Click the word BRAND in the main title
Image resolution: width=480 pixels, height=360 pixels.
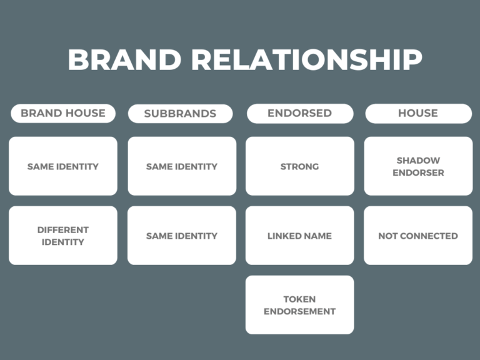(x=124, y=59)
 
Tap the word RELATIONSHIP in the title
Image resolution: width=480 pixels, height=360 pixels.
(x=307, y=59)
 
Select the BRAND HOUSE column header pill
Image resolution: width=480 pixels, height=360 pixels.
(x=63, y=113)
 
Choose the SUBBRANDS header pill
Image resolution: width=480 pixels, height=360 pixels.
(x=180, y=114)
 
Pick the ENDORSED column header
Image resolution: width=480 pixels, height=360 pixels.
(x=300, y=113)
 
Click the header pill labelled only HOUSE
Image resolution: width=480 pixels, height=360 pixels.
(x=419, y=113)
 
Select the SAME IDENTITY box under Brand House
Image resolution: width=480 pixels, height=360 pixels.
(x=63, y=166)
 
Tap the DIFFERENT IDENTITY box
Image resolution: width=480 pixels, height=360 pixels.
(x=63, y=236)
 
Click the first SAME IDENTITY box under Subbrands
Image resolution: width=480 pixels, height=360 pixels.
(x=182, y=166)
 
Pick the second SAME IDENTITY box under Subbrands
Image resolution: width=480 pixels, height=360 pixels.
(x=182, y=236)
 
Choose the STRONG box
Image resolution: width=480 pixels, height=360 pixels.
(x=300, y=166)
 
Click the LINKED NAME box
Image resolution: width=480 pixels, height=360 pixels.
(x=300, y=236)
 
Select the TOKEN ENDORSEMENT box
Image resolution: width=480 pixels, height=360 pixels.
(x=300, y=305)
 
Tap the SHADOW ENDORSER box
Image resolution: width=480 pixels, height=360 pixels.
(x=419, y=166)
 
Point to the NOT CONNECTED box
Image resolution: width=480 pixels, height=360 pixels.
(x=418, y=236)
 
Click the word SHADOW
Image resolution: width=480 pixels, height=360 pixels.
(x=419, y=161)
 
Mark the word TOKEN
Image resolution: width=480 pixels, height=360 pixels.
(x=300, y=299)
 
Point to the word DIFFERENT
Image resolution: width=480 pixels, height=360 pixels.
(x=63, y=230)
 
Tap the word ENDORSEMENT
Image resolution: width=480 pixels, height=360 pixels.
(x=300, y=311)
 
